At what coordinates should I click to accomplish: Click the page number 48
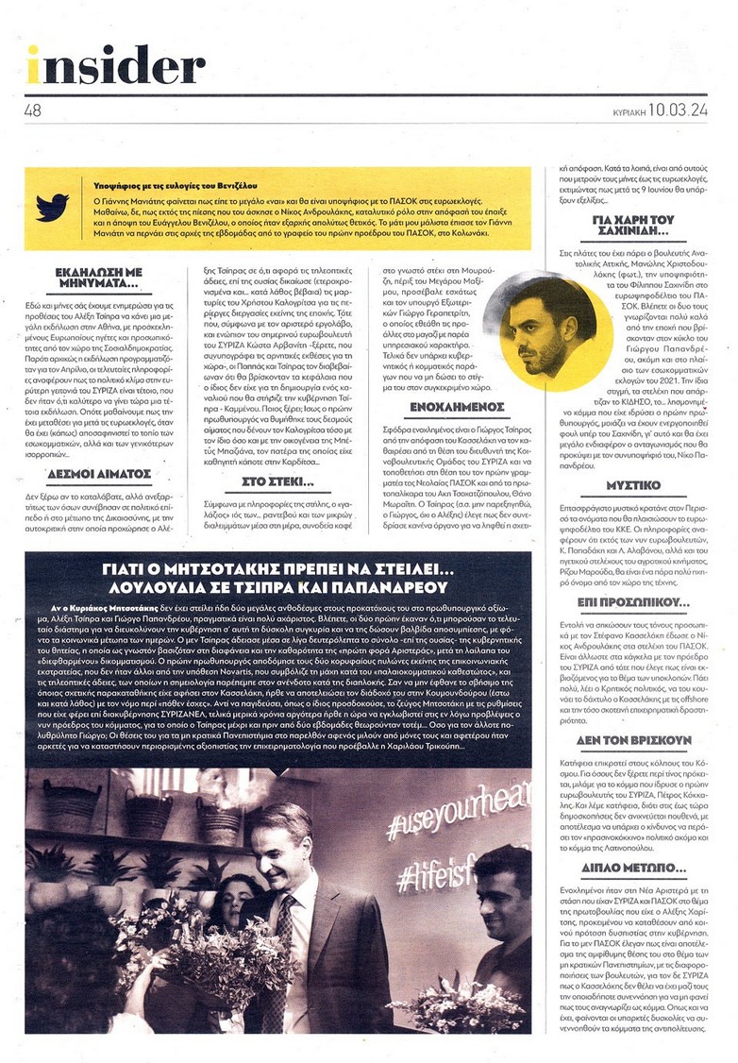[x=33, y=110]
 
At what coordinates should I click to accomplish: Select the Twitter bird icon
[x=53, y=206]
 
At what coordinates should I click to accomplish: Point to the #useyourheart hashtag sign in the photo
[x=444, y=817]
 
